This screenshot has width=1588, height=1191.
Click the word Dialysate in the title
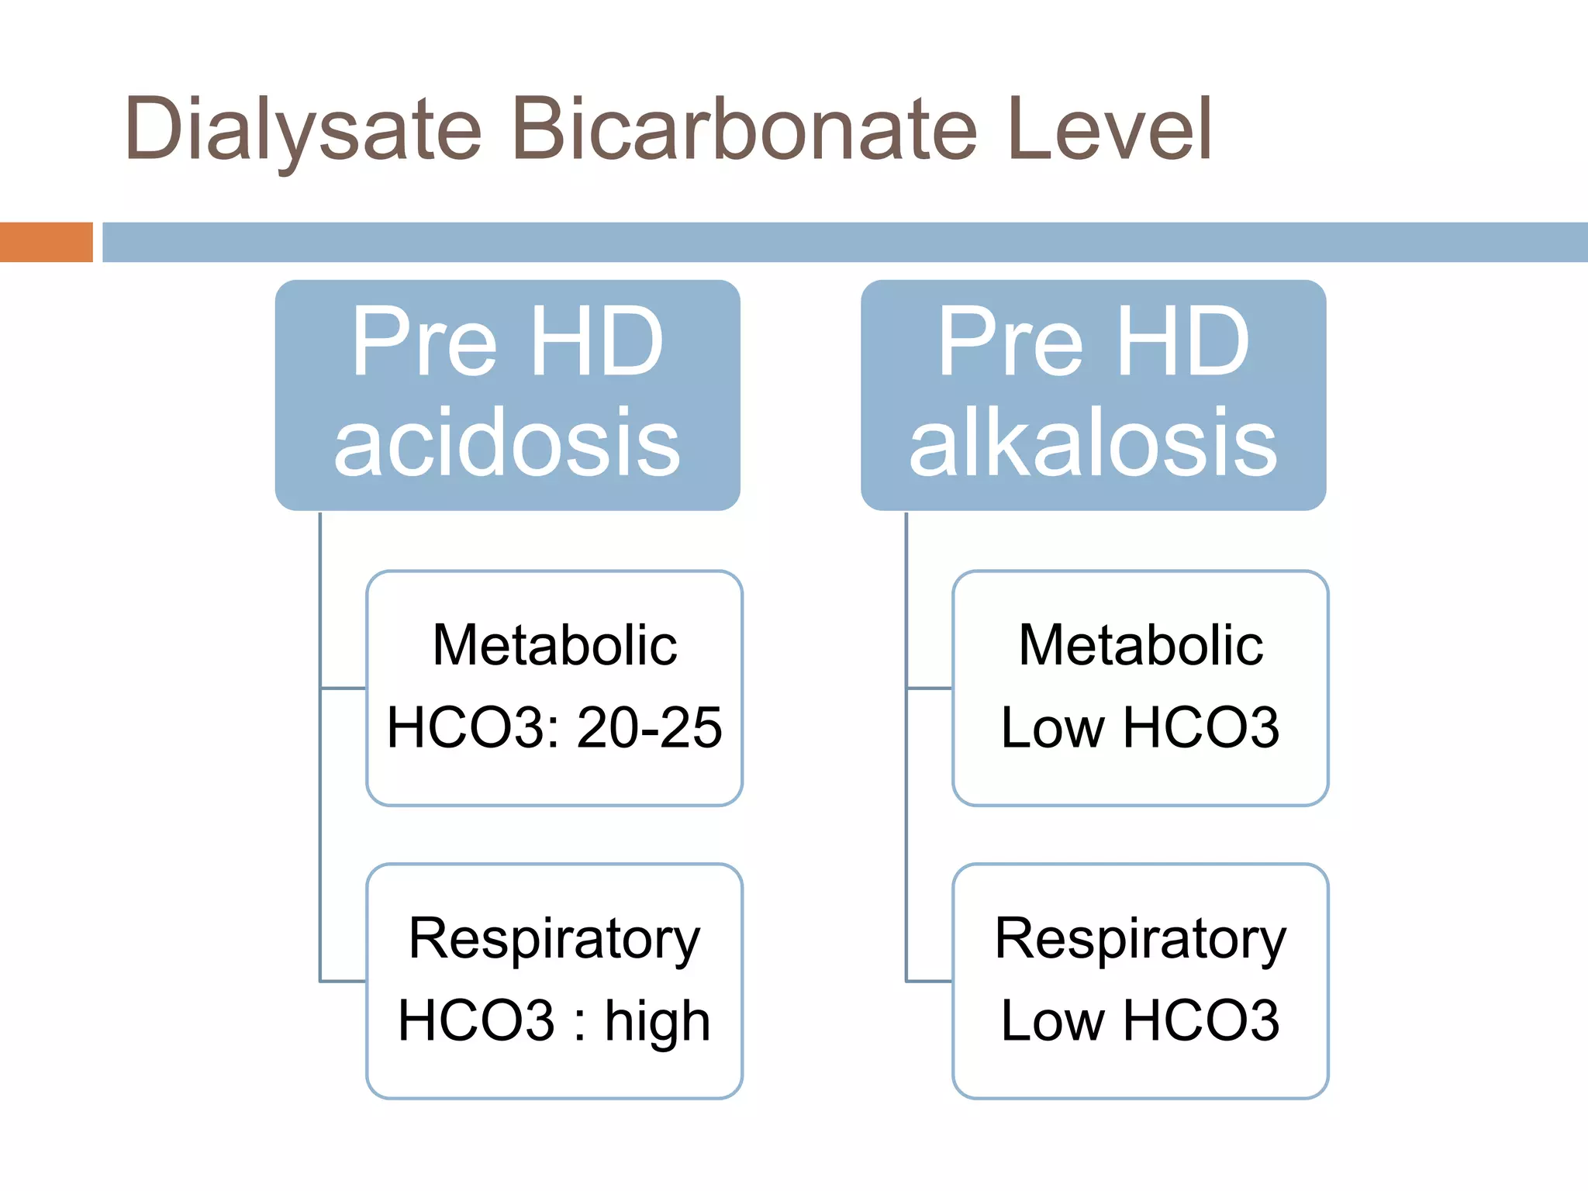(302, 130)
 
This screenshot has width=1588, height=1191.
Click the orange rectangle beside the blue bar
(46, 242)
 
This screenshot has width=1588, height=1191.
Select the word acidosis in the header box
(507, 444)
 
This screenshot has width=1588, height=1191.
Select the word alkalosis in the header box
(1093, 444)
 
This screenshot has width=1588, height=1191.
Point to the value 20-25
(650, 727)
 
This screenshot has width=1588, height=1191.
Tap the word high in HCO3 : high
(658, 1020)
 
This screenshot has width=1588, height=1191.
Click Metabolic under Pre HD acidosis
(554, 645)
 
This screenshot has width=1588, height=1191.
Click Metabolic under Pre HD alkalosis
(1141, 645)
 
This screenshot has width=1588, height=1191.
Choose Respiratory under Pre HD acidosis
(554, 938)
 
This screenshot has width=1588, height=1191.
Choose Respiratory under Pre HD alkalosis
(1141, 938)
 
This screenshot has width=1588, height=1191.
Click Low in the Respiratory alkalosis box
(1052, 1020)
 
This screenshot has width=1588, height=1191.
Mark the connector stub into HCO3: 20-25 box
(343, 688)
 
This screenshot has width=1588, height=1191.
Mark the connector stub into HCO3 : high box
(343, 981)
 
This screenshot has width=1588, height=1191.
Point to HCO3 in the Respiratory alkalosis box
(1201, 1020)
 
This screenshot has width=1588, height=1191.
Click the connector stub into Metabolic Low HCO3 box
(930, 688)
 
